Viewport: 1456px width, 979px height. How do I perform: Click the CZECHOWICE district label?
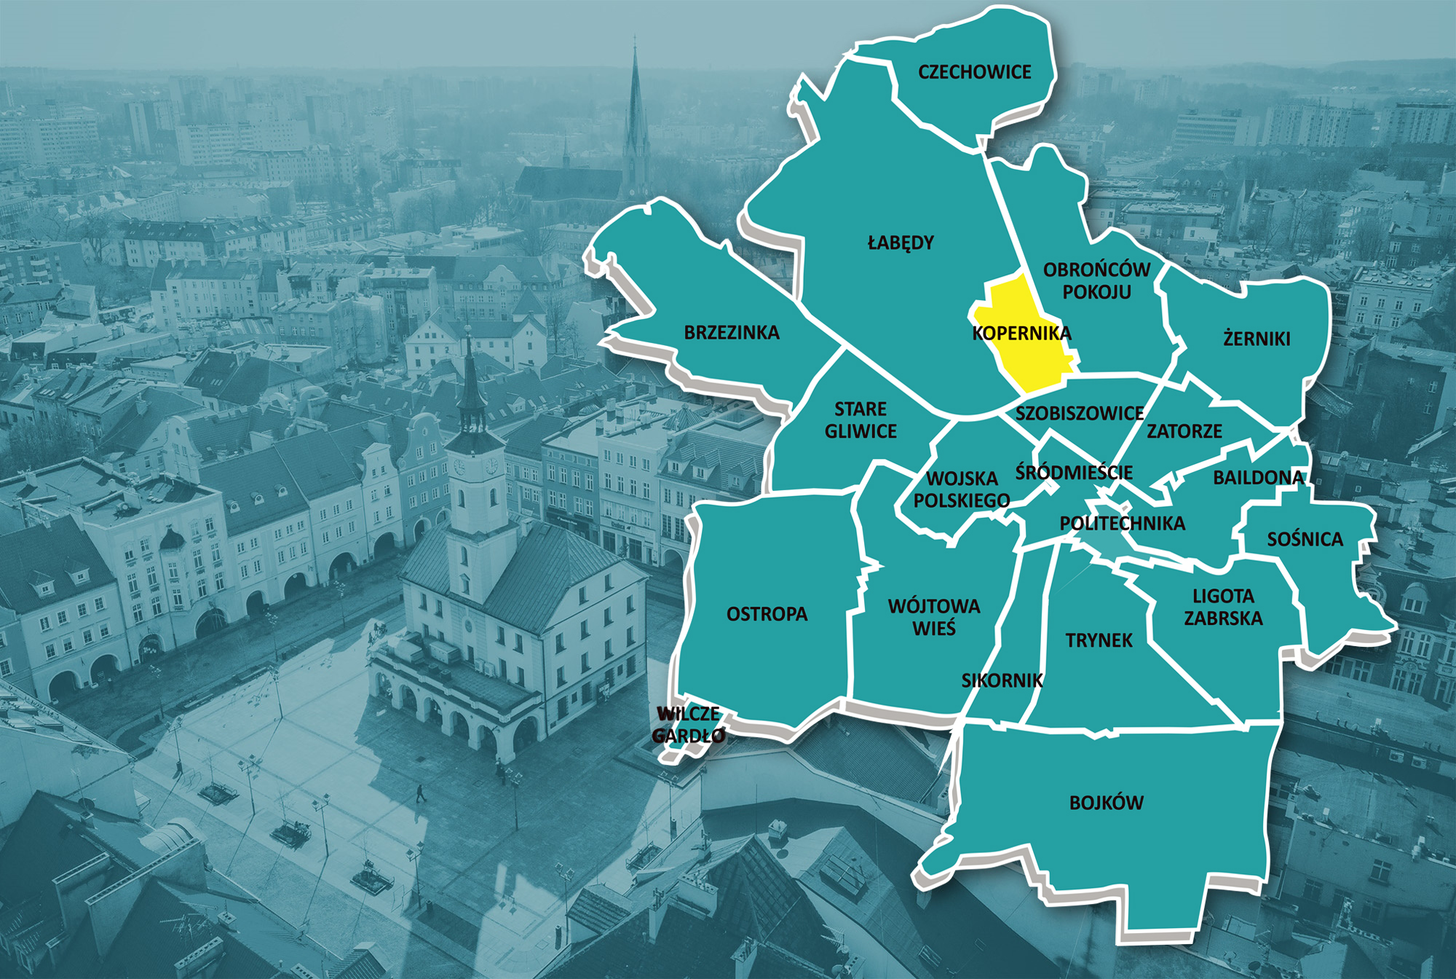(x=974, y=72)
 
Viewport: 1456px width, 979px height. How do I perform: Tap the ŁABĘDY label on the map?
(x=901, y=243)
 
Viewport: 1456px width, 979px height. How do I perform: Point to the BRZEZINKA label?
(x=732, y=333)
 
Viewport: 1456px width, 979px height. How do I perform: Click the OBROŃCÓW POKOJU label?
(x=1096, y=280)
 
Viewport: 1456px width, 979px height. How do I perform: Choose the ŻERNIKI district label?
(x=1257, y=339)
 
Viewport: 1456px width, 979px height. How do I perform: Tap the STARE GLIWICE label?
(x=860, y=420)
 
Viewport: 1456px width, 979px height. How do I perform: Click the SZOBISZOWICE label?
(x=1080, y=414)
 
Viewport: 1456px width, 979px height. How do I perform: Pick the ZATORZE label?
(x=1184, y=431)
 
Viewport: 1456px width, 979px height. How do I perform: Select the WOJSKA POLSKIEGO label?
(x=962, y=489)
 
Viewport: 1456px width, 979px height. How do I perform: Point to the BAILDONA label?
(x=1258, y=478)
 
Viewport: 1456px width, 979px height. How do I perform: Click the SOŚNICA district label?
(x=1305, y=540)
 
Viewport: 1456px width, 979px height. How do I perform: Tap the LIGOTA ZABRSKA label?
(x=1223, y=607)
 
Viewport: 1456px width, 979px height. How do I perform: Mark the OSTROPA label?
(x=767, y=614)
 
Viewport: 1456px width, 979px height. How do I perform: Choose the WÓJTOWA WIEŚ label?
(x=934, y=617)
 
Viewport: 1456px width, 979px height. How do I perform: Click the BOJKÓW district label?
(x=1106, y=803)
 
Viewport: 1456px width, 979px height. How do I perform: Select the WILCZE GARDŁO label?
(x=689, y=725)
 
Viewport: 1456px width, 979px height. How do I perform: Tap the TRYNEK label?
(x=1099, y=640)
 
